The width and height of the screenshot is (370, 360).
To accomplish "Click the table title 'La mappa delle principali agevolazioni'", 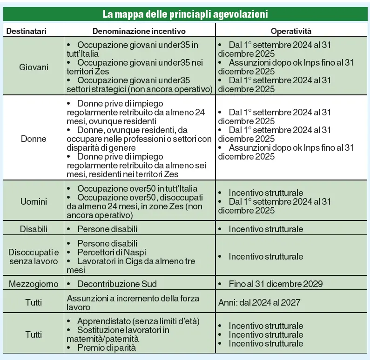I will tap(185, 14).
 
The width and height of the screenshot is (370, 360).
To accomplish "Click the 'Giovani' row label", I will tap(34, 67).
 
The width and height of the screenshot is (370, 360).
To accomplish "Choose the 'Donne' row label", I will tap(34, 139).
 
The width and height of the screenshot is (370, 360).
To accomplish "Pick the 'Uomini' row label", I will tap(34, 201).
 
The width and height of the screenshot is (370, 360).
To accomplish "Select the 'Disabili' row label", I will tap(34, 229).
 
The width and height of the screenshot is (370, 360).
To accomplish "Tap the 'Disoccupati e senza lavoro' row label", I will tap(34, 257).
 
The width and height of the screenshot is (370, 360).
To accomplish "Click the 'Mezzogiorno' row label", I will tap(34, 284).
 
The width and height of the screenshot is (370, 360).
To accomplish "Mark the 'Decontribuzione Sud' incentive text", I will tap(117, 284).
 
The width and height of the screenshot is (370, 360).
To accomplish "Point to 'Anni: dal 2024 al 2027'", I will tap(259, 303).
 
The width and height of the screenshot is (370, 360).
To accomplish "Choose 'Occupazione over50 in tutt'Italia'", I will tap(137, 189).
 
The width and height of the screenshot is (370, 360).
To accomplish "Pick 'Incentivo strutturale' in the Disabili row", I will tap(266, 229).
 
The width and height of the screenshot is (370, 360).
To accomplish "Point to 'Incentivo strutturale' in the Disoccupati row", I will tap(266, 257).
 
